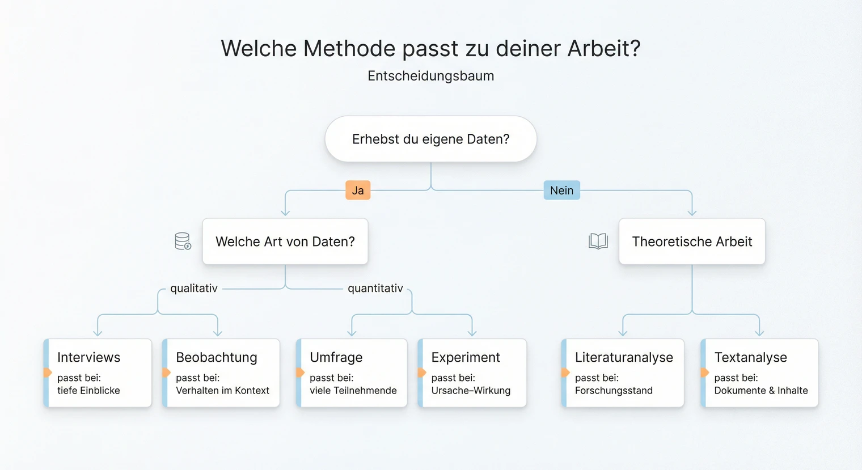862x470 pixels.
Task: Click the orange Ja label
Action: pyautogui.click(x=358, y=190)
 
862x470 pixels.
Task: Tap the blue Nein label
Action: pyautogui.click(x=561, y=190)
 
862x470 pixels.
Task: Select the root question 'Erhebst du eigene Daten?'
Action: pyautogui.click(x=430, y=139)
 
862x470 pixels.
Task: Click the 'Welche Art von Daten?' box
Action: pyautogui.click(x=285, y=242)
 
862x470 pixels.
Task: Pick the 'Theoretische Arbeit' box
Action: pyautogui.click(x=692, y=242)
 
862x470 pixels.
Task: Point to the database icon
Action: pyautogui.click(x=183, y=242)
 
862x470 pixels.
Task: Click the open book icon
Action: pyautogui.click(x=598, y=242)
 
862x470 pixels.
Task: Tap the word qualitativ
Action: pyautogui.click(x=194, y=289)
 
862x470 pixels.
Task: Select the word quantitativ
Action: pyautogui.click(x=375, y=289)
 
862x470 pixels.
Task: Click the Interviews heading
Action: pyautogui.click(x=89, y=358)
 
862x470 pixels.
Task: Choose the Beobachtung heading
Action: pyautogui.click(x=217, y=358)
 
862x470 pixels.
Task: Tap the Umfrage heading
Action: pyautogui.click(x=336, y=358)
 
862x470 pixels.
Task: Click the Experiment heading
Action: pyautogui.click(x=466, y=358)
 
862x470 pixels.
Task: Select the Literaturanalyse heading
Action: pyautogui.click(x=624, y=358)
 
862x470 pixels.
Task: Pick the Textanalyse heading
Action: pyautogui.click(x=751, y=358)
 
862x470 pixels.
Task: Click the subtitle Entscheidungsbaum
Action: pyautogui.click(x=430, y=76)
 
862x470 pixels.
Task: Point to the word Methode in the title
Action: pyautogui.click(x=349, y=49)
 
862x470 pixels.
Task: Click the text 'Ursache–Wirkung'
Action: pyautogui.click(x=471, y=391)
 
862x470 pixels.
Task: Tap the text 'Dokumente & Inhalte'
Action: pyautogui.click(x=761, y=391)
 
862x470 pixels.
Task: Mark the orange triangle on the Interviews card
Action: pyautogui.click(x=48, y=372)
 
